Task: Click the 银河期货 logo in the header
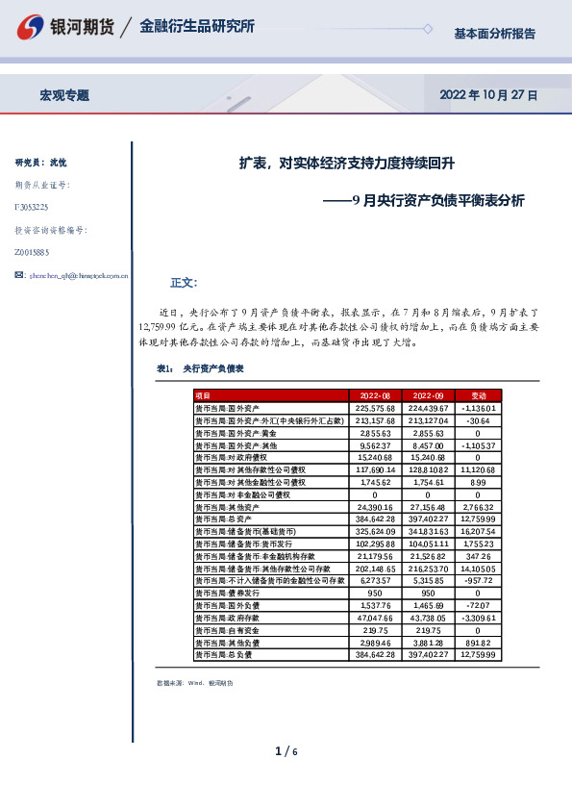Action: click(68, 27)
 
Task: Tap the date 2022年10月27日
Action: click(489, 95)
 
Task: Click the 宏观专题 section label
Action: click(64, 95)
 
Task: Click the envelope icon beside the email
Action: click(20, 275)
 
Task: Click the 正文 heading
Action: click(183, 283)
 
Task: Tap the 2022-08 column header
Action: click(374, 395)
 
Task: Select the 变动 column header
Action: click(477, 395)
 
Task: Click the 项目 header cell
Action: click(203, 395)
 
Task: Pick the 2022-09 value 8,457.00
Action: click(427, 445)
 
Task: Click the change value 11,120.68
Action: click(477, 469)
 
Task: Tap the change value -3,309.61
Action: click(477, 619)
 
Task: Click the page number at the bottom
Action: click(286, 750)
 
